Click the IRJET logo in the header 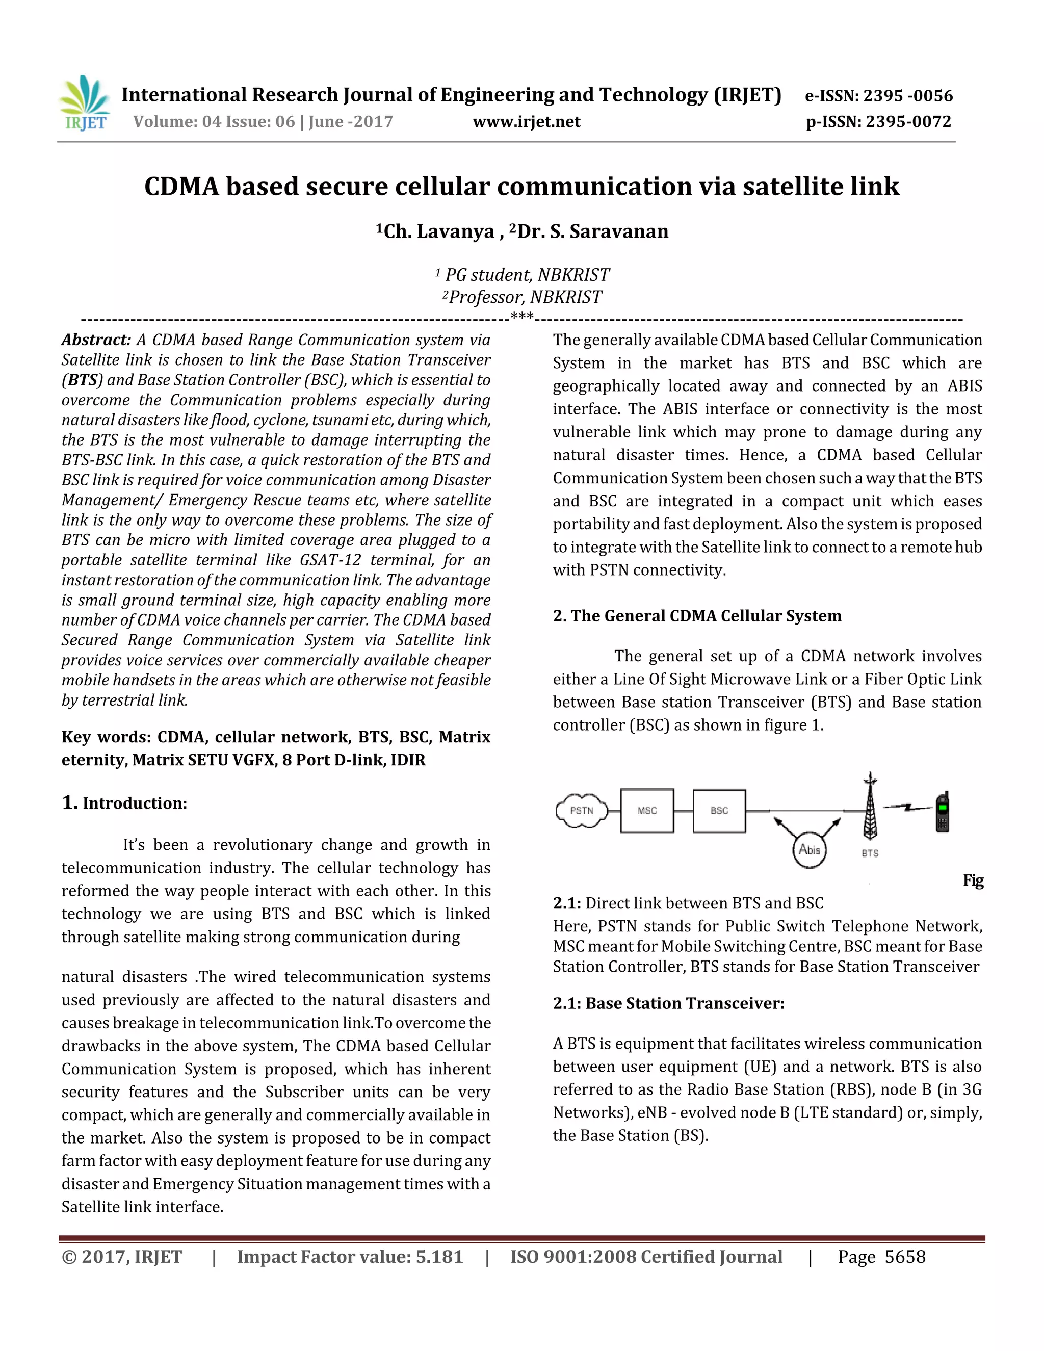click(85, 103)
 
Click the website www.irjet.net click(526, 122)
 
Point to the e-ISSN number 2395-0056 click(907, 96)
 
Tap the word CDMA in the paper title click(181, 187)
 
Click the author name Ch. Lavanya click(438, 231)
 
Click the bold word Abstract click(96, 340)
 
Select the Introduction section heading click(134, 803)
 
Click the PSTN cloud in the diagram click(581, 811)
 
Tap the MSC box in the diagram click(647, 811)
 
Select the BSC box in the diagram click(719, 811)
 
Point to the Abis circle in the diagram click(809, 850)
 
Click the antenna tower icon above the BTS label click(870, 807)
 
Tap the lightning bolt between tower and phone click(907, 807)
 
